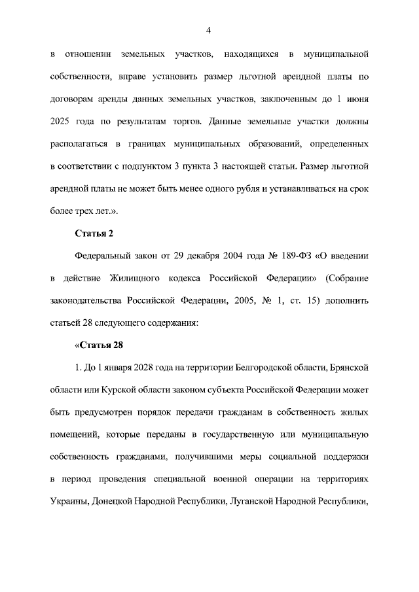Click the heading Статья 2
tap(95, 233)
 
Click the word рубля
tap(251, 188)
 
